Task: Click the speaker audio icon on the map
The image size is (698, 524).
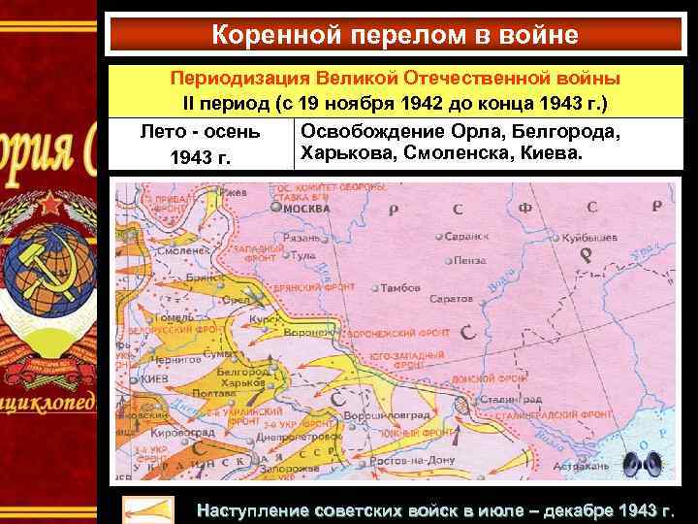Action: tap(643, 465)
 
